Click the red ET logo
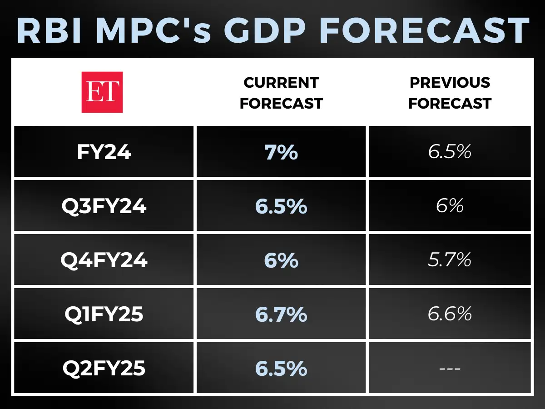(102, 92)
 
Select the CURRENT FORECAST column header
(281, 93)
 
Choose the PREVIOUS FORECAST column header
(450, 93)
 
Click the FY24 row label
(104, 152)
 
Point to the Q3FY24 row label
(104, 206)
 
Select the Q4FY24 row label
(104, 260)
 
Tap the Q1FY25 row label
(104, 314)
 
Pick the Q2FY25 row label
(104, 368)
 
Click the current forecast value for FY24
(281, 152)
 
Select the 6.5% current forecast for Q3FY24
(281, 206)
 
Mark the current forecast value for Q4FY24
(281, 260)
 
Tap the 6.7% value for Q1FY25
(281, 314)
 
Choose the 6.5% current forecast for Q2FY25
(281, 368)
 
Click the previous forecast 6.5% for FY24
(450, 152)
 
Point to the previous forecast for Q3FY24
(450, 206)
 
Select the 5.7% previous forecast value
(450, 260)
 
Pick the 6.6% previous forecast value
(450, 314)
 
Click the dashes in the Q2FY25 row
(450, 368)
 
